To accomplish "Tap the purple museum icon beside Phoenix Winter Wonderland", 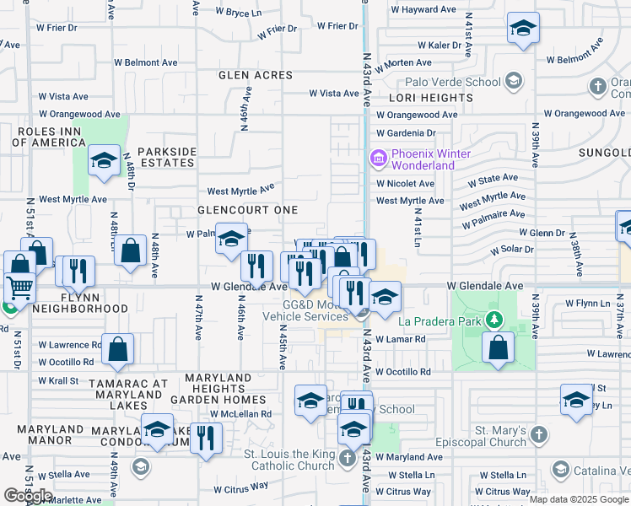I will pyautogui.click(x=377, y=158).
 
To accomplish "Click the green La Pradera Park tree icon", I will pyautogui.click(x=496, y=320).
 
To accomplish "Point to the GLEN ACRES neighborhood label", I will pyautogui.click(x=256, y=75).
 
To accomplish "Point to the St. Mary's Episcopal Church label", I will pyautogui.click(x=500, y=436).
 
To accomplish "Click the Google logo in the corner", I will pyautogui.click(x=28, y=495).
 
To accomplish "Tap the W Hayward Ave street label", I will pyautogui.click(x=423, y=9).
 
